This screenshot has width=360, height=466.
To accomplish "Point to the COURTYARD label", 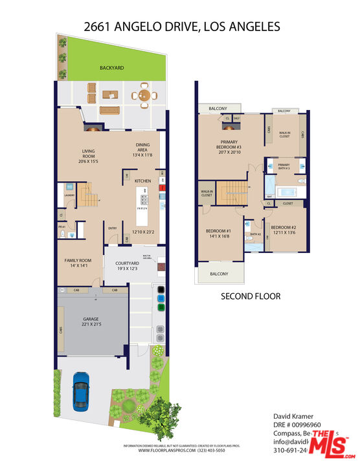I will click(128, 263).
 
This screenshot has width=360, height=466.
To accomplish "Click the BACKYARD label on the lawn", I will click(111, 67).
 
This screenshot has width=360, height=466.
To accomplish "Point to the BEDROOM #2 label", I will click(284, 228).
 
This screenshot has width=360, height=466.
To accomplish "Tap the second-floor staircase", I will click(231, 192).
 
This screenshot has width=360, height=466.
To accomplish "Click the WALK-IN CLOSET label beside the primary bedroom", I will click(285, 135).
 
